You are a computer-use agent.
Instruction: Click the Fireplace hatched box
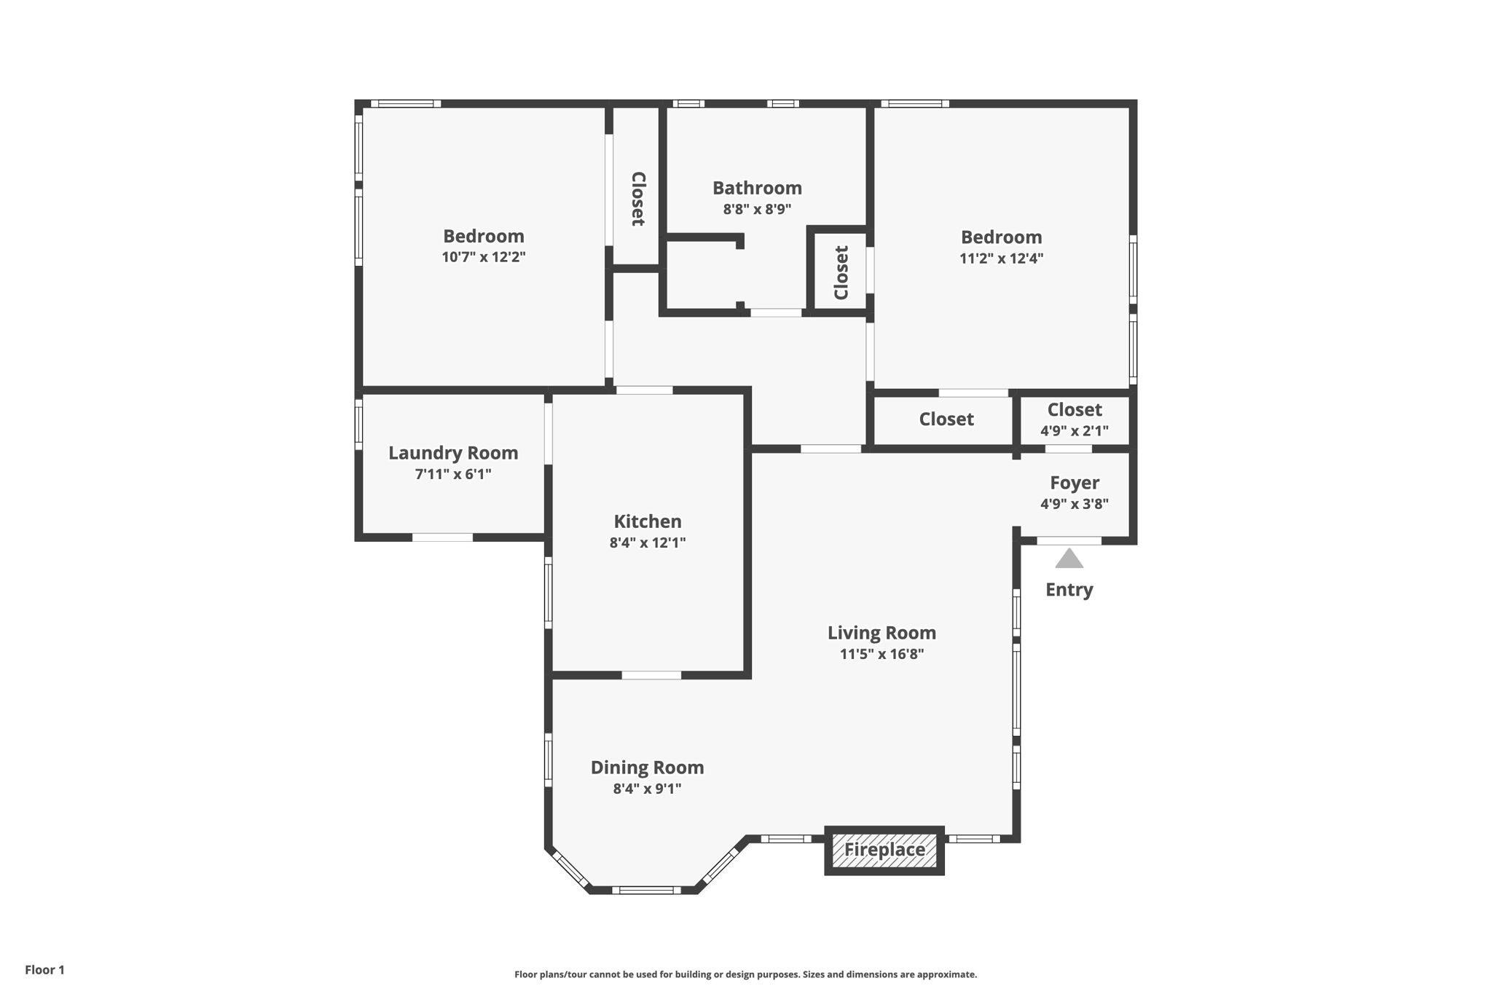point(884,850)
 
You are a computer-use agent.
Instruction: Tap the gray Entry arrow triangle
point(1069,559)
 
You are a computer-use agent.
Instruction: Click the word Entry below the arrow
point(1069,590)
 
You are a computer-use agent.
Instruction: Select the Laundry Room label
point(453,453)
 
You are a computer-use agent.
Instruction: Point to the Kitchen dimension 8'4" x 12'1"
point(647,543)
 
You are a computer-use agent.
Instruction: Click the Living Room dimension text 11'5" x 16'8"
point(882,654)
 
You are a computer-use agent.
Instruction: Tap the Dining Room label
point(647,768)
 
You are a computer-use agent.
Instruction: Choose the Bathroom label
point(757,188)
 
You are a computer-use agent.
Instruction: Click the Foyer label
point(1075,483)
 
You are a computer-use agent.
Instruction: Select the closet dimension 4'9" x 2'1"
point(1075,431)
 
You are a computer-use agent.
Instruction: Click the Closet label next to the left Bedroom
point(637,199)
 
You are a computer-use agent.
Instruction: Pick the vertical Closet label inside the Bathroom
point(841,273)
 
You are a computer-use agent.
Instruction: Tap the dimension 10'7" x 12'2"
point(483,257)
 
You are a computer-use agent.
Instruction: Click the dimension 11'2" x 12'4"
point(1001,258)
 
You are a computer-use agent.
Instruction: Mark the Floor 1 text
point(44,970)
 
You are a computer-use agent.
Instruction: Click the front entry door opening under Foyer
point(1069,540)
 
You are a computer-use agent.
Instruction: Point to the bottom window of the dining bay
point(645,890)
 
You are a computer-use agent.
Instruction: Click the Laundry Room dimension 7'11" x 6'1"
point(453,474)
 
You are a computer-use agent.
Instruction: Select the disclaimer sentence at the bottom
point(745,974)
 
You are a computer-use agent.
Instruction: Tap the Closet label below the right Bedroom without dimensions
point(946,419)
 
